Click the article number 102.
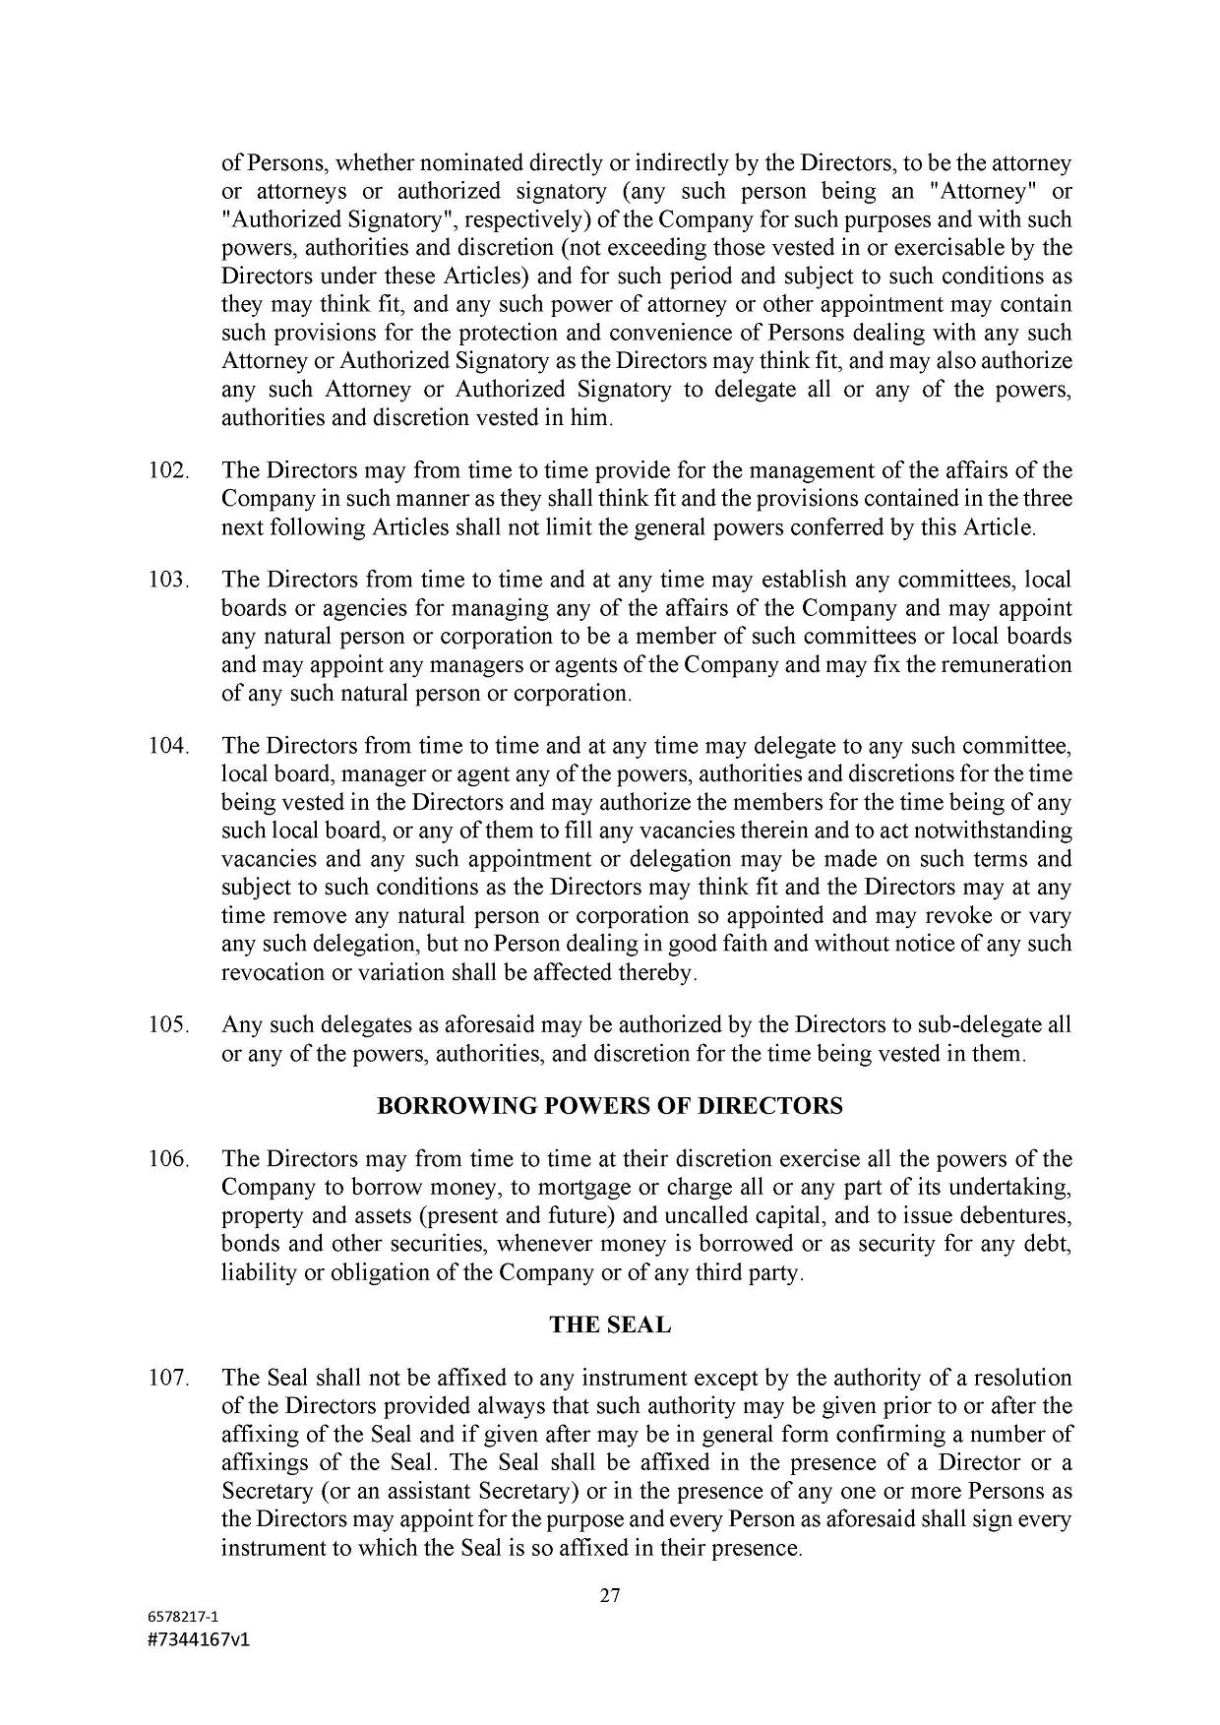(x=168, y=470)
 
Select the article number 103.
(x=168, y=580)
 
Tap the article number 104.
(x=168, y=746)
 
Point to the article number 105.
(x=168, y=1025)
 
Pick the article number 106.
(x=168, y=1159)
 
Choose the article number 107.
(x=168, y=1378)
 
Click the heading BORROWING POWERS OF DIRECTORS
(x=610, y=1106)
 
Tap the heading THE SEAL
(x=610, y=1325)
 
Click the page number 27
(x=610, y=1596)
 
